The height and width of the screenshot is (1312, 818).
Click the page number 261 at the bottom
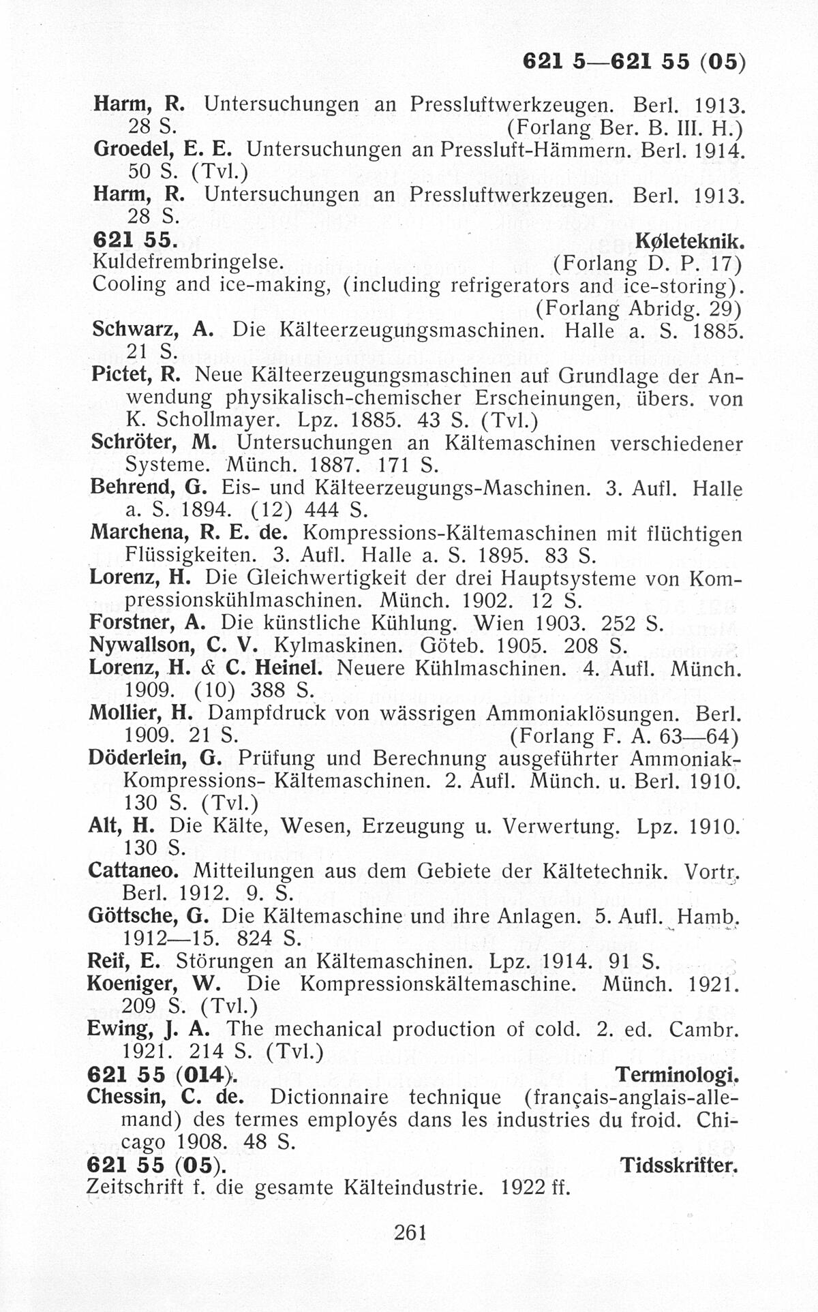point(410,1232)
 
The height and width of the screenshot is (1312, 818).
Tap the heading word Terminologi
point(677,1075)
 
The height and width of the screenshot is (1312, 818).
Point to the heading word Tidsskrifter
point(680,1165)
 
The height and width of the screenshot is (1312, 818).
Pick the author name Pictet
point(123,375)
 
